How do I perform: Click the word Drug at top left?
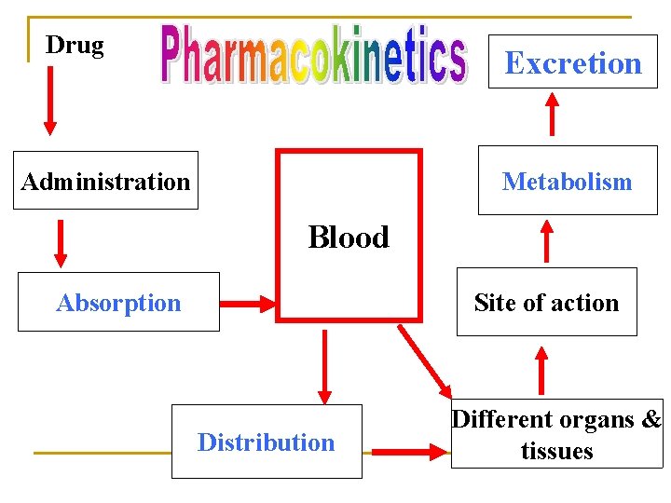click(75, 45)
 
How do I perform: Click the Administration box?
click(105, 181)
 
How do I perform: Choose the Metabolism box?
click(567, 181)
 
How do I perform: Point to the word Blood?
click(349, 238)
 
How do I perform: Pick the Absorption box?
click(118, 302)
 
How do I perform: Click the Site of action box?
click(546, 302)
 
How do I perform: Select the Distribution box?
click(266, 442)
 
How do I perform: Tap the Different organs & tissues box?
click(556, 434)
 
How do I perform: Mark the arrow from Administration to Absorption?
click(62, 243)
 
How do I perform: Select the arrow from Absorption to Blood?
click(249, 303)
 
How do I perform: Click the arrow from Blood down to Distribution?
click(324, 367)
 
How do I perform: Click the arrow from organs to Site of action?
click(539, 370)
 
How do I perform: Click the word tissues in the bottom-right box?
click(556, 451)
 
